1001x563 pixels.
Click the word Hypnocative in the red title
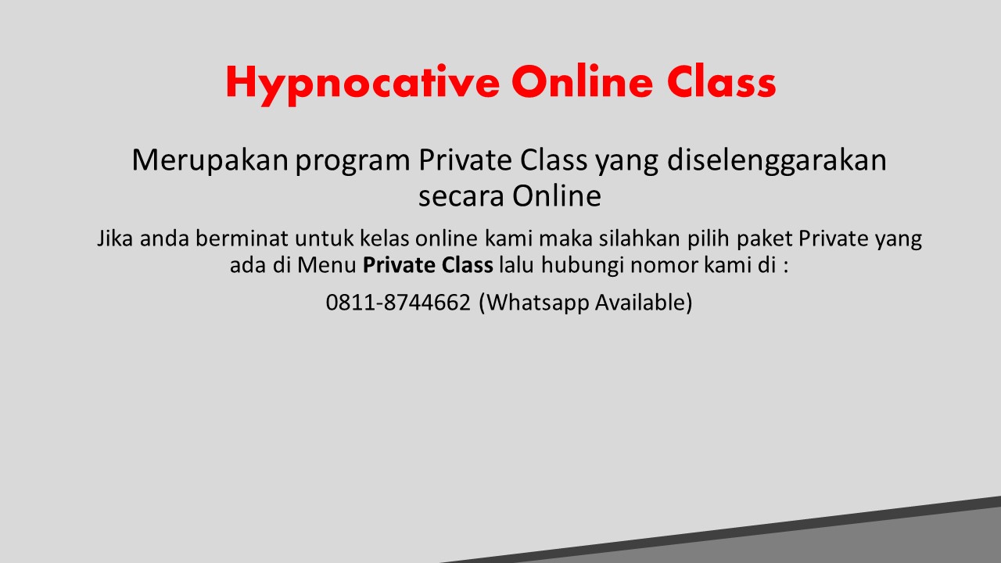(362, 83)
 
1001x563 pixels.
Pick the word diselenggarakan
(777, 161)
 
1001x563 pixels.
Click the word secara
(461, 196)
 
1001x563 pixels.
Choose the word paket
(763, 238)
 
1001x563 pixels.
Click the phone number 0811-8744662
(398, 302)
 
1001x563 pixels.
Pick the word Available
(644, 302)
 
